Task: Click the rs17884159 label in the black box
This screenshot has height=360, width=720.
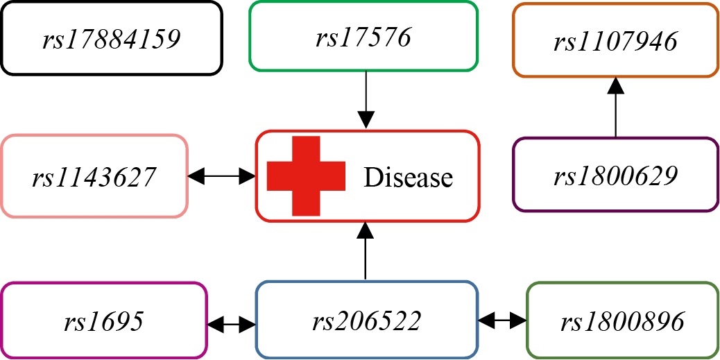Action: [x=111, y=40]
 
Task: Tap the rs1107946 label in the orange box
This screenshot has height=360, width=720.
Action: [x=615, y=42]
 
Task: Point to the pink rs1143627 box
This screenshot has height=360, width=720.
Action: [x=94, y=176]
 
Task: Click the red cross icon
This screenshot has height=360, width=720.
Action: [x=306, y=175]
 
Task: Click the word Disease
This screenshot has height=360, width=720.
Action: [x=409, y=178]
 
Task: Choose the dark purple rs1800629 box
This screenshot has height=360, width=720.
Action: [x=615, y=175]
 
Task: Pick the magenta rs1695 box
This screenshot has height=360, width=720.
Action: [x=104, y=320]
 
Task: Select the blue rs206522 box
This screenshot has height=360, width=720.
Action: [x=366, y=320]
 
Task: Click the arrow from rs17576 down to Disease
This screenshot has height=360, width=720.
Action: [x=367, y=97]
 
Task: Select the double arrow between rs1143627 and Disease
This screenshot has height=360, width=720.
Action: [x=222, y=177]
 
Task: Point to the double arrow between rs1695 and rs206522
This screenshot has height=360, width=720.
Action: [x=232, y=323]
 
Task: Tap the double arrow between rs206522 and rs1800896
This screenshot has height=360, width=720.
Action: [x=502, y=320]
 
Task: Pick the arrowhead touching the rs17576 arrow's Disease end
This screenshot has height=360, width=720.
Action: [x=367, y=121]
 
